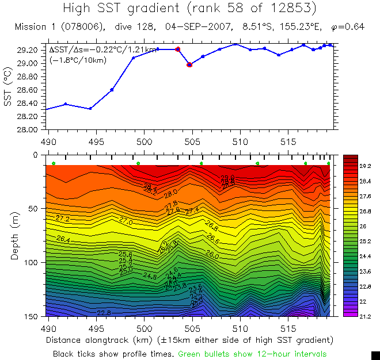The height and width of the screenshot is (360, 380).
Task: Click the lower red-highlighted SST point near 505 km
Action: coord(189,64)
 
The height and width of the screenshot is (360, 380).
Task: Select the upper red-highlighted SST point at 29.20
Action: coord(177,49)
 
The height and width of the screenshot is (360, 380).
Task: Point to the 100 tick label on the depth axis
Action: coord(32,262)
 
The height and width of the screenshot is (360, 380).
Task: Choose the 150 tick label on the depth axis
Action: coord(32,316)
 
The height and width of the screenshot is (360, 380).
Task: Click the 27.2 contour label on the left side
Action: coord(63,219)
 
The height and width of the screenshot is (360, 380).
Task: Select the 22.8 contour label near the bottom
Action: coord(104,313)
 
